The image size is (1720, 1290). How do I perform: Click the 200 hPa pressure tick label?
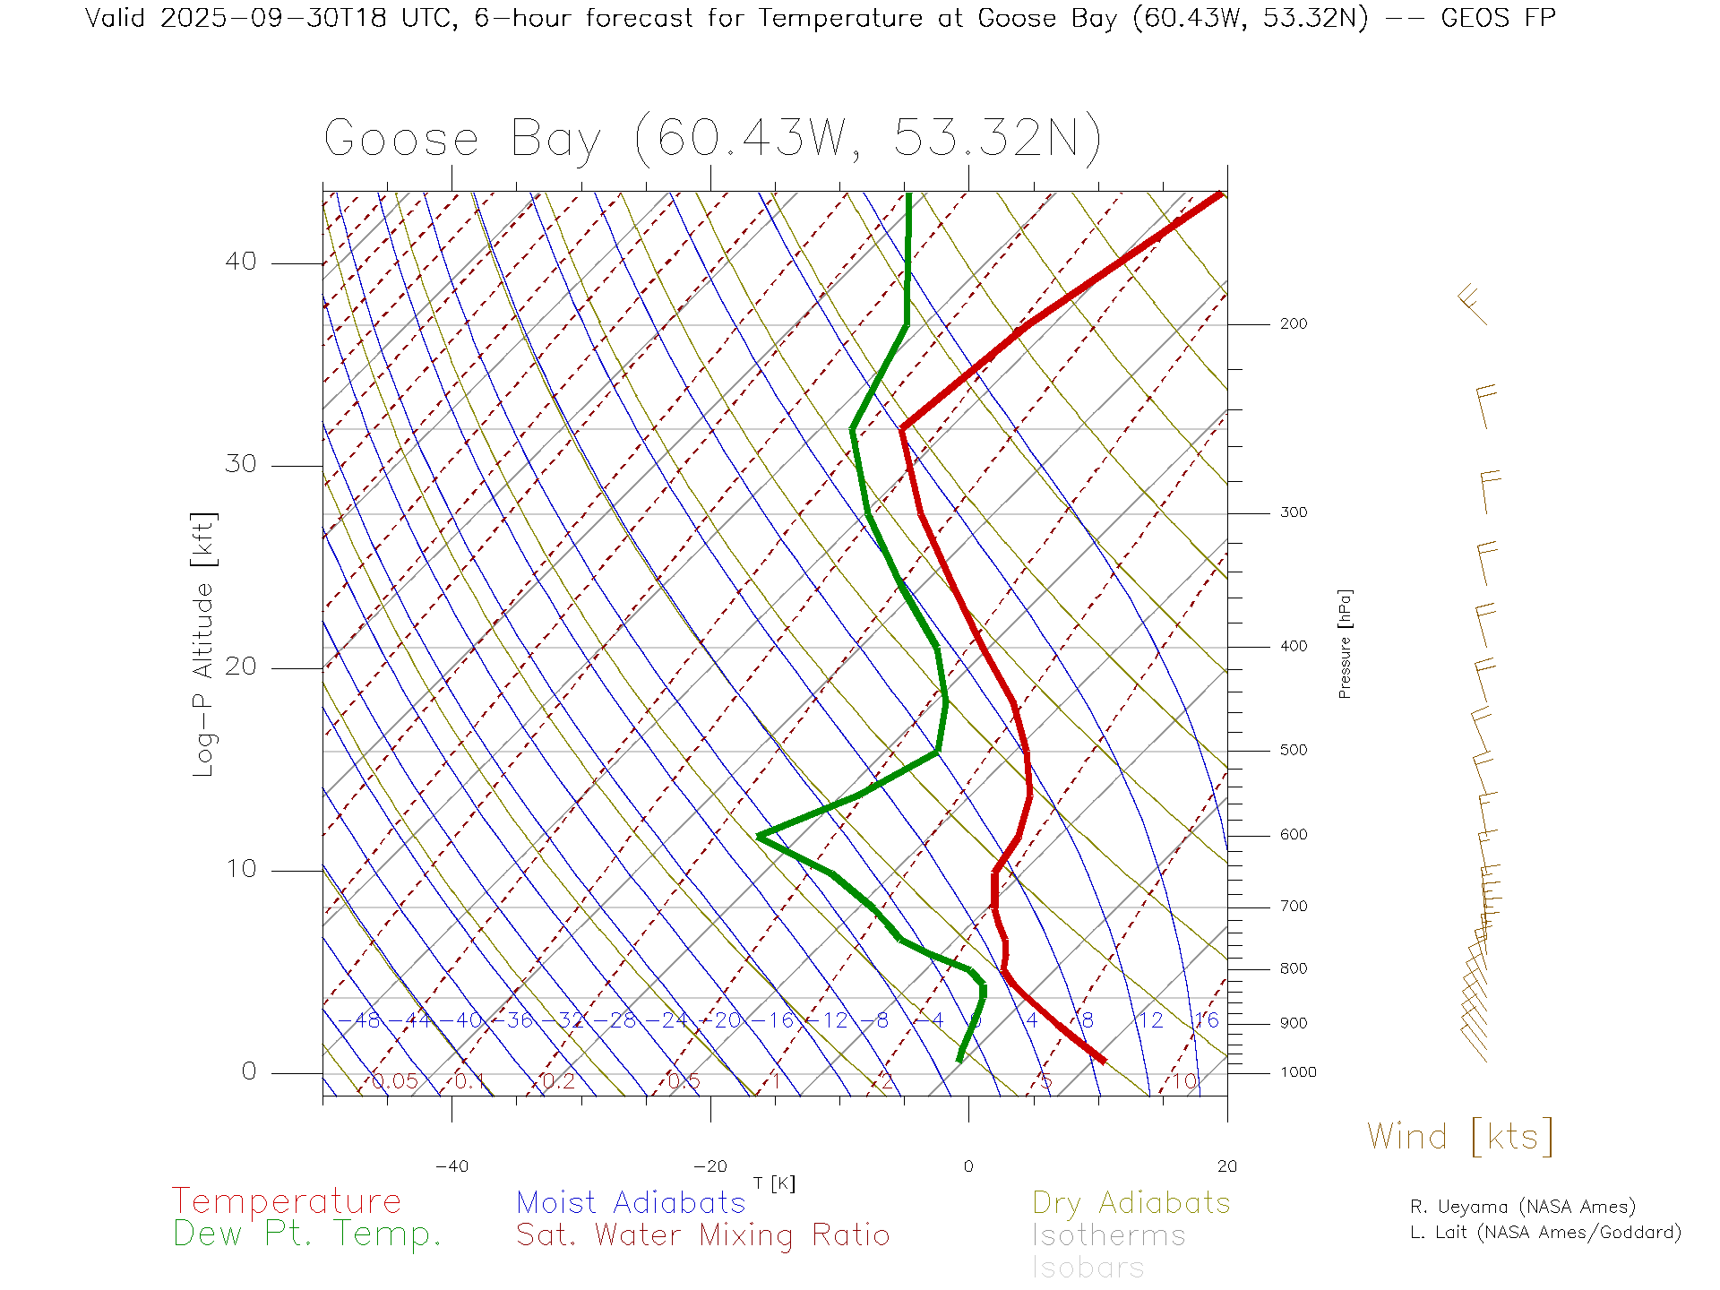pyautogui.click(x=1293, y=323)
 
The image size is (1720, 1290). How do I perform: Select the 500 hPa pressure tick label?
pyautogui.click(x=1293, y=750)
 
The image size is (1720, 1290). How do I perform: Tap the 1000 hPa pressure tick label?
pyautogui.click(x=1297, y=1072)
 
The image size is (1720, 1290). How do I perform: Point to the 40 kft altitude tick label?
pyautogui.click(x=240, y=262)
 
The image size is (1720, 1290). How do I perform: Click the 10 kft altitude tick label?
pyautogui.click(x=240, y=869)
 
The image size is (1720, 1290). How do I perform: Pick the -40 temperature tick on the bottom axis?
pyautogui.click(x=451, y=1166)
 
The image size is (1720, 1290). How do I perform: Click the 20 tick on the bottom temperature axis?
pyautogui.click(x=1226, y=1166)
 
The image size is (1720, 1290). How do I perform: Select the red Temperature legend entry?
pyautogui.click(x=287, y=1201)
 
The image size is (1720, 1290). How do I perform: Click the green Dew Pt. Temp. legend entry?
pyautogui.click(x=307, y=1234)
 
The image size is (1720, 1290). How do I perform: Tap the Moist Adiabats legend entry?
pyautogui.click(x=631, y=1202)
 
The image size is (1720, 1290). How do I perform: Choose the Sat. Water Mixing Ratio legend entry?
pyautogui.click(x=702, y=1235)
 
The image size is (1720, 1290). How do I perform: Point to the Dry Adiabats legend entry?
pyautogui.click(x=1131, y=1202)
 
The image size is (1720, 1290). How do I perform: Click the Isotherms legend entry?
pyautogui.click(x=1108, y=1235)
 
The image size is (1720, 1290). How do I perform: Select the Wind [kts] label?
pyautogui.click(x=1459, y=1137)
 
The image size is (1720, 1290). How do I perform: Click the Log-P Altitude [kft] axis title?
pyautogui.click(x=204, y=645)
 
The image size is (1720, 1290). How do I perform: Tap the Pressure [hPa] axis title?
pyautogui.click(x=1345, y=643)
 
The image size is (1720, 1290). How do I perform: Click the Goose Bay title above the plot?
pyautogui.click(x=712, y=139)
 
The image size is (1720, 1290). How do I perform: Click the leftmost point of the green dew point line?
pyautogui.click(x=759, y=836)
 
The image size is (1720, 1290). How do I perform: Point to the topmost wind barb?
pyautogui.click(x=1472, y=304)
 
